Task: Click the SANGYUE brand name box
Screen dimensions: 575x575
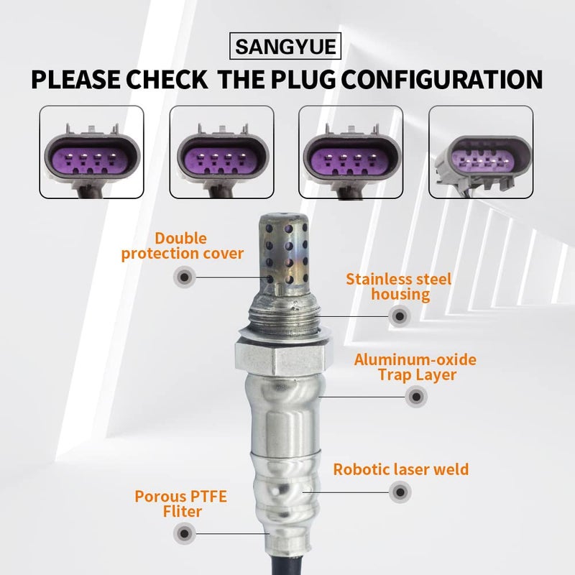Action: pos(287,48)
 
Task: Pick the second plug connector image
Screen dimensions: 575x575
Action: pos(221,152)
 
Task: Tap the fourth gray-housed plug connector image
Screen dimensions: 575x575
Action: pos(481,152)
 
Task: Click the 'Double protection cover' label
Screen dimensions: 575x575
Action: pos(182,245)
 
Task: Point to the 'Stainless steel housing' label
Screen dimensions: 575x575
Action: pos(398,286)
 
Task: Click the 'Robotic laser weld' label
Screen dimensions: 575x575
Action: pos(400,470)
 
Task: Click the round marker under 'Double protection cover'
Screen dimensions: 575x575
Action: pos(185,277)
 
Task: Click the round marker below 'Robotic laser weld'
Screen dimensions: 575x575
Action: pos(399,492)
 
